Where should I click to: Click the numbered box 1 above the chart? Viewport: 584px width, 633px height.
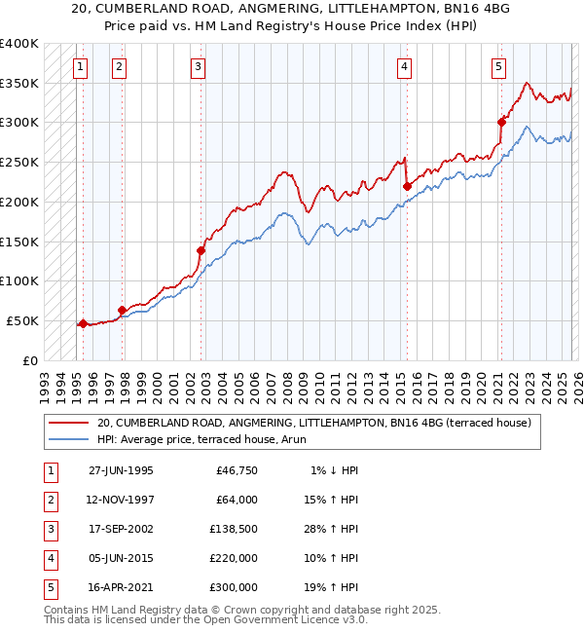click(79, 67)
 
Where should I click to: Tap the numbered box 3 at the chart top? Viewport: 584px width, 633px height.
click(198, 67)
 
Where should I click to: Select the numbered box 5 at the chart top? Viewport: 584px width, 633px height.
click(498, 67)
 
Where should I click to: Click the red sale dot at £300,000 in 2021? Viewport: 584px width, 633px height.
click(502, 122)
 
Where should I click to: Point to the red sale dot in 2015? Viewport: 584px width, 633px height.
click(407, 186)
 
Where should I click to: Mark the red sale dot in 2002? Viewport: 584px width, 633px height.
click(201, 250)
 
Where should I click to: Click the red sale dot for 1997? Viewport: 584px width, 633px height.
click(123, 310)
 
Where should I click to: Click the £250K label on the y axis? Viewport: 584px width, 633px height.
click(19, 163)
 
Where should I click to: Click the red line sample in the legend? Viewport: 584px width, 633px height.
click(68, 424)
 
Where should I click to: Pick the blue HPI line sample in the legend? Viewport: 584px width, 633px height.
click(68, 439)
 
